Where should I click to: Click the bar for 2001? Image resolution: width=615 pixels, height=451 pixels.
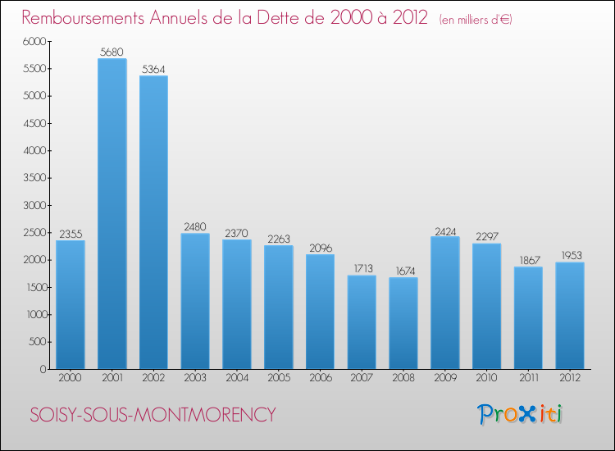click(112, 213)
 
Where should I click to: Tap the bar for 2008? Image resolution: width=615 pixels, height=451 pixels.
click(403, 323)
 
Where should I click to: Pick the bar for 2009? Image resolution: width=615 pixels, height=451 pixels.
click(444, 303)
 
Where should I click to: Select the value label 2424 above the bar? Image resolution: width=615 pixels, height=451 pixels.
click(444, 230)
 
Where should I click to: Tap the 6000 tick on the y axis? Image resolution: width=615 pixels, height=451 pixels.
click(34, 41)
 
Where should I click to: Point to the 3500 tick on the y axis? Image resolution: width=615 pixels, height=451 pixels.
click(34, 178)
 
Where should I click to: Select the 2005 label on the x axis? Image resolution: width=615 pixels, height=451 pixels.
click(278, 379)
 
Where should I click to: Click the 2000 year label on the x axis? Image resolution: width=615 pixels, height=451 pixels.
click(70, 379)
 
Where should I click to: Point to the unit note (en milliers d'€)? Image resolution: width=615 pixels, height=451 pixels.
click(476, 20)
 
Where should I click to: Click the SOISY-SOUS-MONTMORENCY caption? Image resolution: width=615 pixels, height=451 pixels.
click(153, 415)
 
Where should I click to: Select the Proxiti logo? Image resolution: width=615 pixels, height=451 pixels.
click(521, 414)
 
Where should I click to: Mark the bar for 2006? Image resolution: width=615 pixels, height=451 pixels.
click(320, 312)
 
